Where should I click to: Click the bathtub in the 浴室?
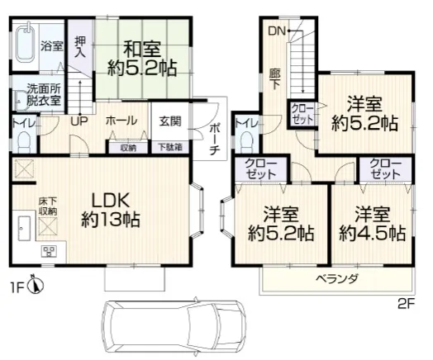pos(26,45)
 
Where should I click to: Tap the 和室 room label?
pos(141,49)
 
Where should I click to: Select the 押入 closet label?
pos(80,47)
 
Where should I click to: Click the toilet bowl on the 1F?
pos(24,140)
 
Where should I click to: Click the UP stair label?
pos(79,121)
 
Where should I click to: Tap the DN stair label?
pos(277,31)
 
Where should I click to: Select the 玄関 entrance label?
pos(170,121)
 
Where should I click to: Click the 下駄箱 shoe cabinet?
pos(170,147)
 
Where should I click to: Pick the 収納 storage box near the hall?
pos(128,147)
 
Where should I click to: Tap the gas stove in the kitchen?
pos(49,251)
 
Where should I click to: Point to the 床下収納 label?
pos(47,206)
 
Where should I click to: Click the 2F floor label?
pos(407,305)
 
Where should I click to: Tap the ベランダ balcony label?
pos(337,278)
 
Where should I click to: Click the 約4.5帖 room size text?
pos(373,234)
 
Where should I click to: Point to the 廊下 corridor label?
pos(275,79)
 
